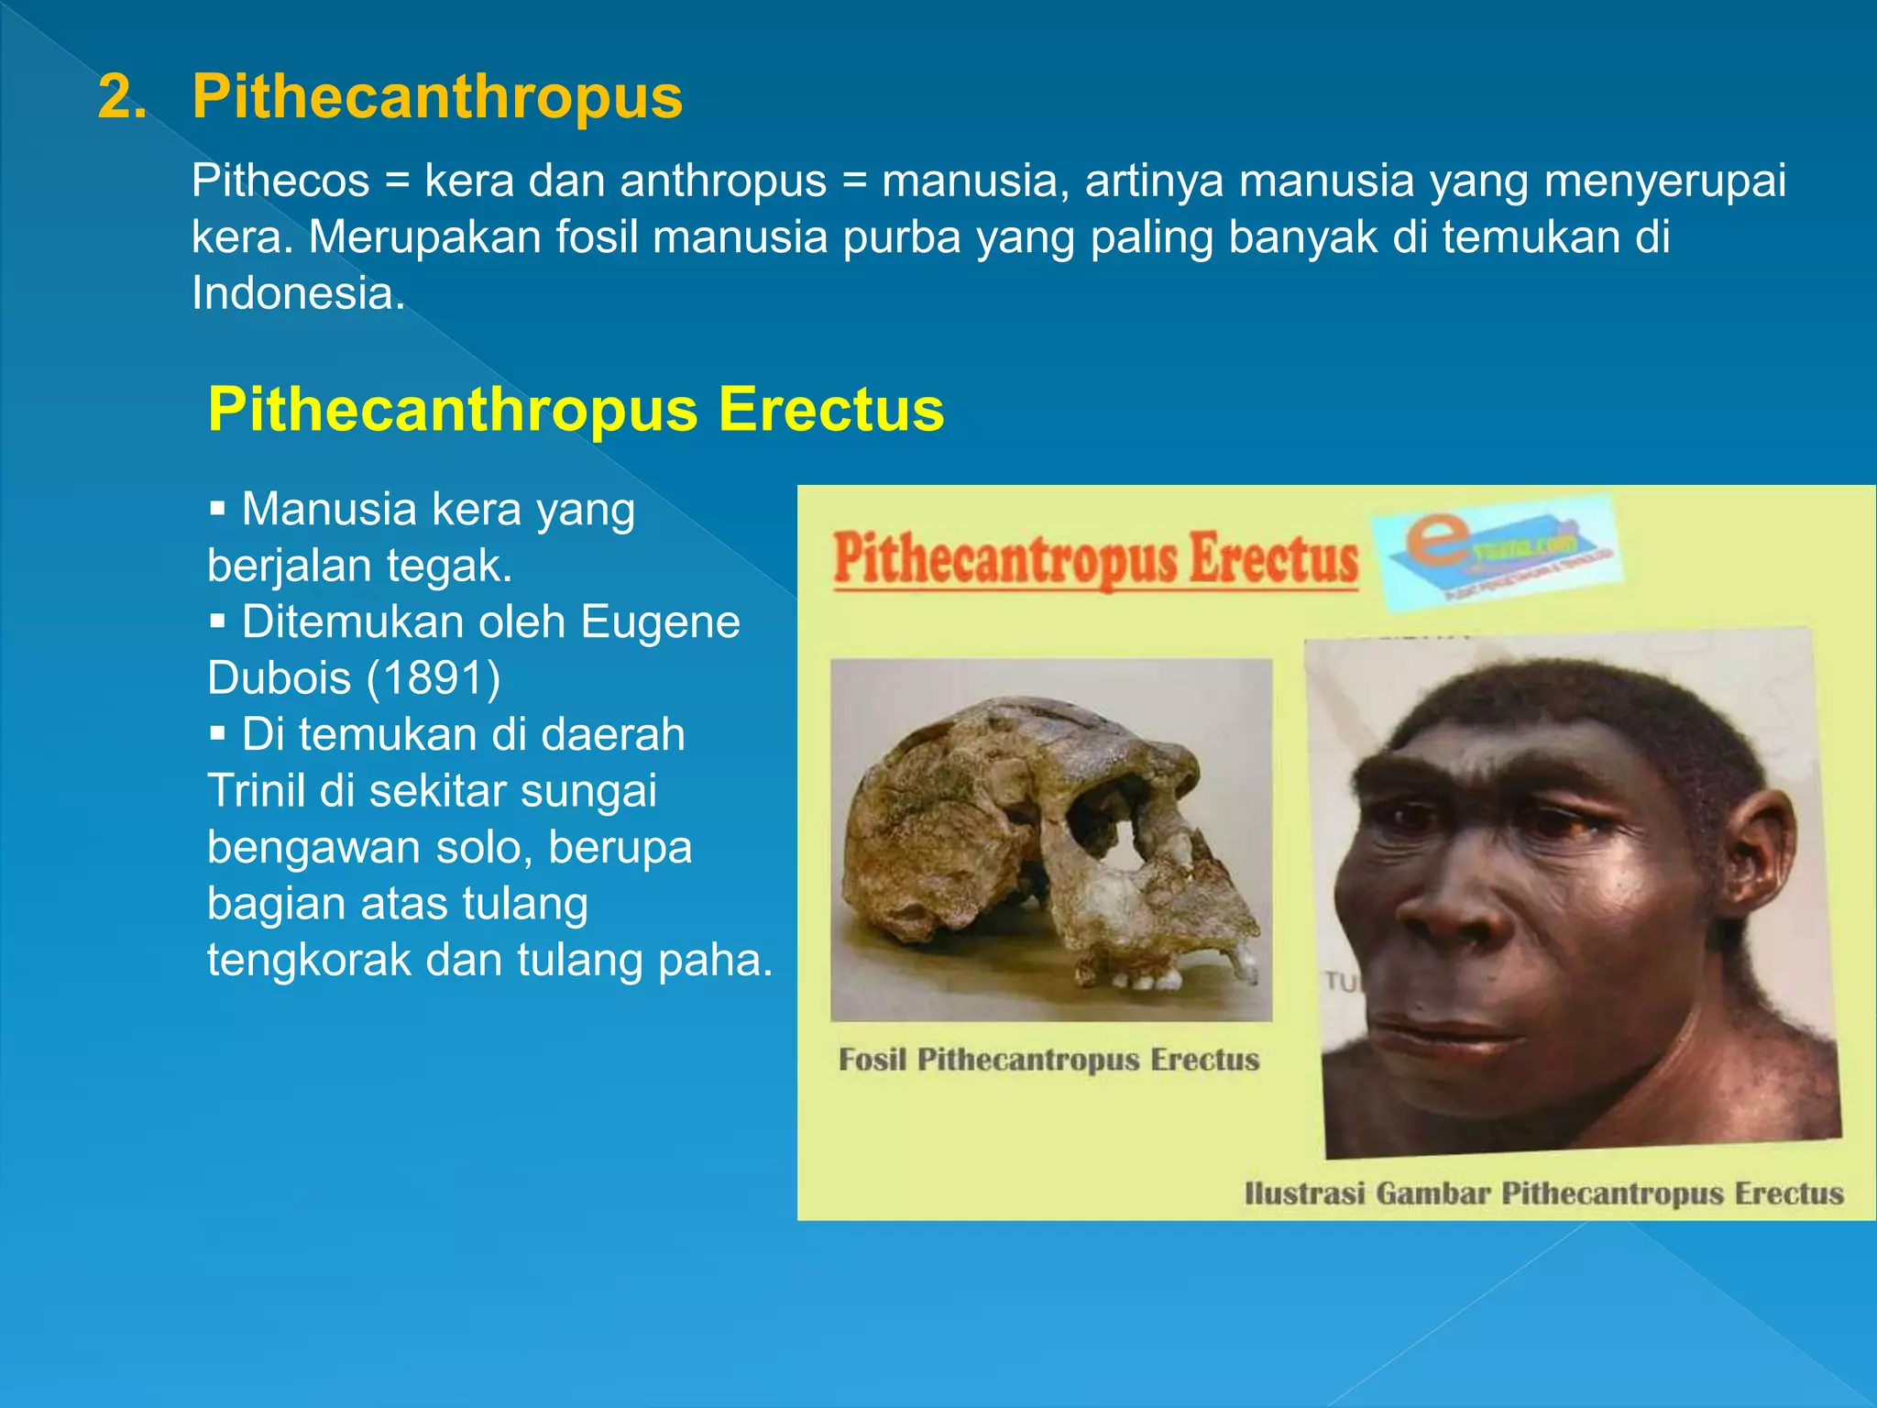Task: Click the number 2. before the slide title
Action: pyautogui.click(x=122, y=97)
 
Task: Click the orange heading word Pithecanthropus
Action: pyautogui.click(x=437, y=97)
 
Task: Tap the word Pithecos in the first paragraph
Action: pyautogui.click(x=280, y=181)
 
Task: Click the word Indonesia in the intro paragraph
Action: pyautogui.click(x=297, y=293)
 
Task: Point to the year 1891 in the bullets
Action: pyautogui.click(x=434, y=678)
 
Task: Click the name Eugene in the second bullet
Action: pyautogui.click(x=660, y=621)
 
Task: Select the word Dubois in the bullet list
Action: pyautogui.click(x=279, y=678)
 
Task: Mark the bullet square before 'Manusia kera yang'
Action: pyautogui.click(x=217, y=509)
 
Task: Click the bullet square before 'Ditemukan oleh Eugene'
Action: pyautogui.click(x=217, y=621)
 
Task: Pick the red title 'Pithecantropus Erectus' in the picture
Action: pyautogui.click(x=1095, y=558)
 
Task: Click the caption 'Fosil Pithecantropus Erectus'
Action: pyautogui.click(x=1049, y=1060)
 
